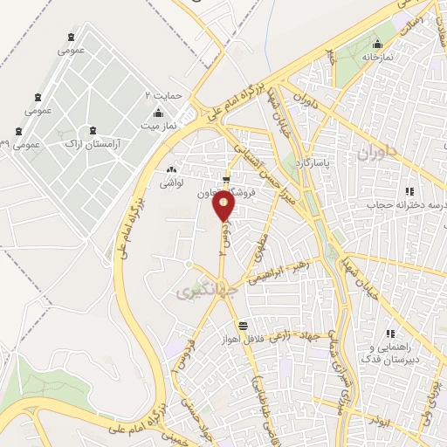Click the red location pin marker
(225, 207)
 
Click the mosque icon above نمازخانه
(377, 45)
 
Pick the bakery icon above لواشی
(169, 170)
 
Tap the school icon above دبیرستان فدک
(393, 333)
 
